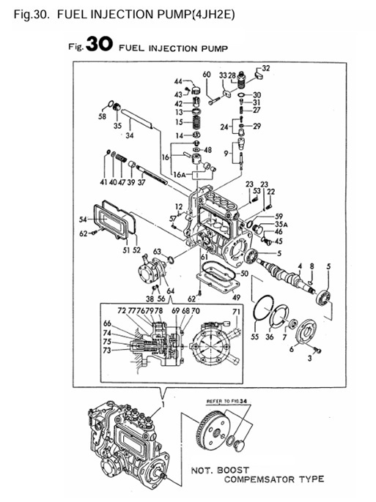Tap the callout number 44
click(x=177, y=81)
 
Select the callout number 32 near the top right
click(x=265, y=68)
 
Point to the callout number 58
click(x=102, y=116)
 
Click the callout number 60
click(x=206, y=75)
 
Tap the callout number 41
click(x=103, y=181)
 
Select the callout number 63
click(x=157, y=251)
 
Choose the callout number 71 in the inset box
click(x=235, y=312)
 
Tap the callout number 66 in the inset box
click(x=107, y=323)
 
